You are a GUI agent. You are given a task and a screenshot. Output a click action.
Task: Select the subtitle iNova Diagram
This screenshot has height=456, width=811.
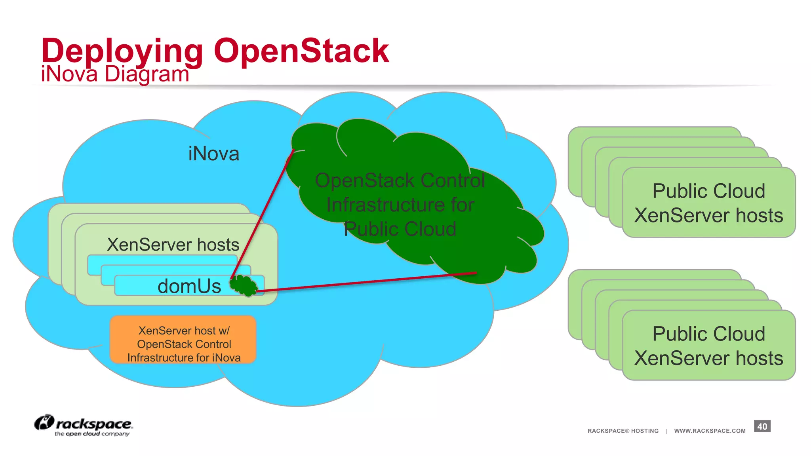pos(115,74)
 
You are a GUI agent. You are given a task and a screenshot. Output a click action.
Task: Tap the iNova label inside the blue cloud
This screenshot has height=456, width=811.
pos(213,154)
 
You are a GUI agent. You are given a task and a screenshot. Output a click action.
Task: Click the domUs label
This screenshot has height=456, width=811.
pos(189,286)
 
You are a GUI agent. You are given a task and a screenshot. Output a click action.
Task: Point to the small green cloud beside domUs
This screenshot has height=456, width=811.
pos(243,285)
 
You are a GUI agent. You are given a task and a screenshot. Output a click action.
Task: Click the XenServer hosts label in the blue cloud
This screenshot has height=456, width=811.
pos(173,245)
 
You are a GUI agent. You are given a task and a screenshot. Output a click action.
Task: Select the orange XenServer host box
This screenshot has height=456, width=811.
pos(183,340)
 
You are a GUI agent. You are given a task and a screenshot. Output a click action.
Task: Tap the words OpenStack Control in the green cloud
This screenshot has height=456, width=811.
pos(400,180)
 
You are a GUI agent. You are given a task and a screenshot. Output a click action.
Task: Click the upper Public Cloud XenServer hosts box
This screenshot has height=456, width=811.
pos(708,203)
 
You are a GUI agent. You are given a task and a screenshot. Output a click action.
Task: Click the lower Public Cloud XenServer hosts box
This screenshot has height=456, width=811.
pos(708,346)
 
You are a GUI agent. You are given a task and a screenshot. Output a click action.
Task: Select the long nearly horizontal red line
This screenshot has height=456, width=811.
pos(366,282)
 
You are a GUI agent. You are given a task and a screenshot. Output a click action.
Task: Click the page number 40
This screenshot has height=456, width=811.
pos(762,426)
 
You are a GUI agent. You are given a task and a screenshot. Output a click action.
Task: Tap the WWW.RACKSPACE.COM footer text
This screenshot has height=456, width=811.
pos(710,431)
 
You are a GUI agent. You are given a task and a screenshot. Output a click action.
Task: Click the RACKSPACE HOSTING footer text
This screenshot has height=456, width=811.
pos(623,431)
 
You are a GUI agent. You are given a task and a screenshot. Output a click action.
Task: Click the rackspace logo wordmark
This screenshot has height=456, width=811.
pos(94,424)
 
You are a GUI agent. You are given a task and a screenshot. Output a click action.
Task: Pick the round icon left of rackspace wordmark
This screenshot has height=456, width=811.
pos(44,422)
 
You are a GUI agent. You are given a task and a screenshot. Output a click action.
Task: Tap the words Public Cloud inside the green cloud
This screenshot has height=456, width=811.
pos(400,229)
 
